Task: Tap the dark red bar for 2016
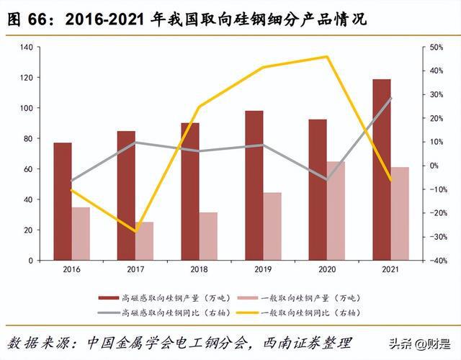pos(63,201)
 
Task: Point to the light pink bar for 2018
pos(208,235)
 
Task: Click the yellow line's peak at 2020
pos(327,57)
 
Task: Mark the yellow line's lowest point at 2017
pos(135,232)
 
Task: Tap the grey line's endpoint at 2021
pos(391,98)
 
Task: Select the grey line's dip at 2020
pos(327,179)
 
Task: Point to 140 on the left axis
pos(26,47)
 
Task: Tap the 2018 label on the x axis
pos(200,270)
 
